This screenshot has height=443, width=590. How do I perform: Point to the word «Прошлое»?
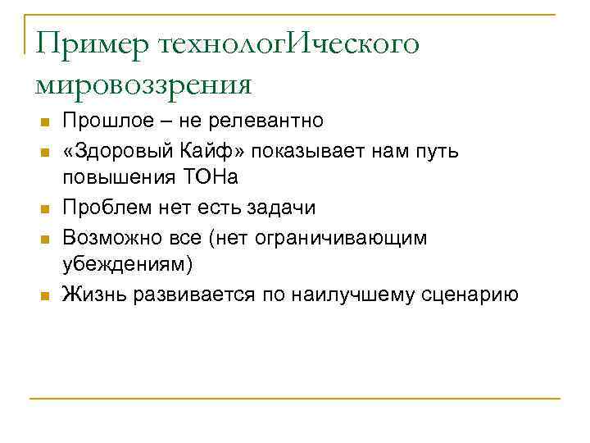107,122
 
